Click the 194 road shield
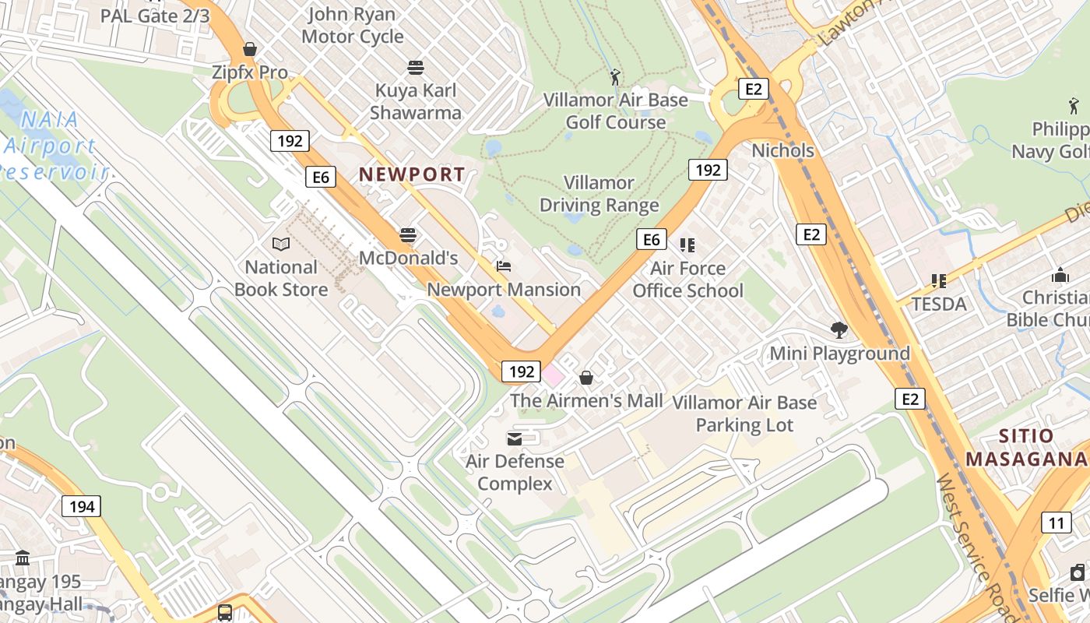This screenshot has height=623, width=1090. pyautogui.click(x=81, y=507)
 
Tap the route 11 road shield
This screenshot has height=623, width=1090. pyautogui.click(x=1055, y=522)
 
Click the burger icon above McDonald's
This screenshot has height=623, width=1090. pyautogui.click(x=408, y=234)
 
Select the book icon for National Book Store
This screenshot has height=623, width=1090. pyautogui.click(x=281, y=245)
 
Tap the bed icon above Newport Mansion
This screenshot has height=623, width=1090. pyautogui.click(x=504, y=266)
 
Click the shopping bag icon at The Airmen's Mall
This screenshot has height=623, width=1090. pyautogui.click(x=586, y=378)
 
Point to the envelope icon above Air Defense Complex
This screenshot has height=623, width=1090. pyautogui.click(x=515, y=438)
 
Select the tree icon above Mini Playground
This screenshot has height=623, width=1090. pyautogui.click(x=839, y=330)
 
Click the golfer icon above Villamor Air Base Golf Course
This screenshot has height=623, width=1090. pyautogui.click(x=615, y=77)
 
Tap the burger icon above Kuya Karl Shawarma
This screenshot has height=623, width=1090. pyautogui.click(x=416, y=68)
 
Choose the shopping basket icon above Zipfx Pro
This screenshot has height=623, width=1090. pyautogui.click(x=250, y=49)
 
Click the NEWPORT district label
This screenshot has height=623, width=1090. pyautogui.click(x=412, y=174)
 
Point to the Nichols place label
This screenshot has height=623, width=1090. pyautogui.click(x=782, y=150)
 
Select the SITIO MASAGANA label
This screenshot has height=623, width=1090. pyautogui.click(x=1026, y=448)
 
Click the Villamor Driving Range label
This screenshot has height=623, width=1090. pyautogui.click(x=599, y=194)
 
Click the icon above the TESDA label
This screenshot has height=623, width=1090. pyautogui.click(x=939, y=280)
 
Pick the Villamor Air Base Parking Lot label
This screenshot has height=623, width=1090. pyautogui.click(x=744, y=414)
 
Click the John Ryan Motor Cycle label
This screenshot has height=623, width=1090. pyautogui.click(x=352, y=25)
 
